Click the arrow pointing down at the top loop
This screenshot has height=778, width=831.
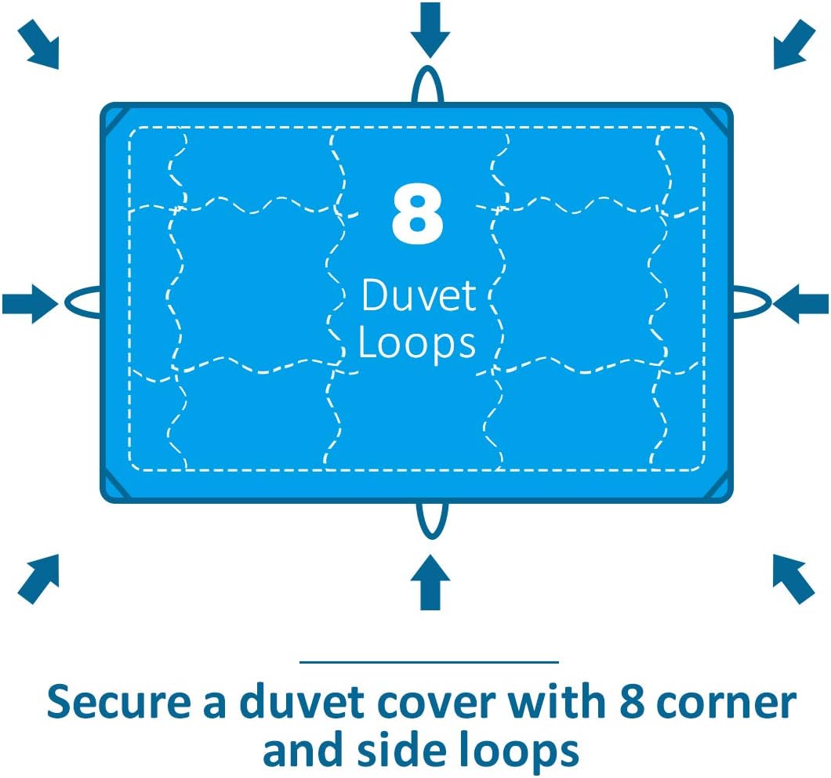430,31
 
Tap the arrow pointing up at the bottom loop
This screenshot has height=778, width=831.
430,582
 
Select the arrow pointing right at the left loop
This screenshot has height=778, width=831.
31,303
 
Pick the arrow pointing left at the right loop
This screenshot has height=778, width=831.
800,303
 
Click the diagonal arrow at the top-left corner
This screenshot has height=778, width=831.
38,45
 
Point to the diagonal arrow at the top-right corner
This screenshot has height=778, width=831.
794,45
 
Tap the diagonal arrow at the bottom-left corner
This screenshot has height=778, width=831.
38,579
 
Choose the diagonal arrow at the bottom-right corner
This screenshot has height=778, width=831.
793,579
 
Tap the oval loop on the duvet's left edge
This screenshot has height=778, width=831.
67,303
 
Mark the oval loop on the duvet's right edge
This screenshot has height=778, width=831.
770,302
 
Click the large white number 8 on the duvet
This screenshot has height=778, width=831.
417,214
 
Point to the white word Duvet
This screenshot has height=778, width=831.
418,295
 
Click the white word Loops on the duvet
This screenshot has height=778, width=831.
417,343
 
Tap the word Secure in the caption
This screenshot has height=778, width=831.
118,702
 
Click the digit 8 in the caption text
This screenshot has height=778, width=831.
631,702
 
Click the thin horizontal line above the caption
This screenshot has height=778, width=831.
430,662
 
